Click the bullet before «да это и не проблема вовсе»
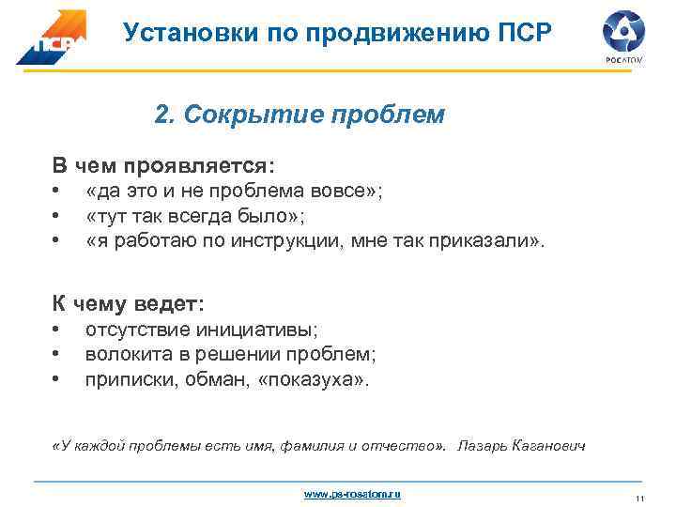tap(56, 192)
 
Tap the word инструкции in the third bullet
tap(291, 241)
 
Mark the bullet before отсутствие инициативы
tap(56, 330)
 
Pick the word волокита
tap(120, 355)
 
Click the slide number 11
tap(638, 498)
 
